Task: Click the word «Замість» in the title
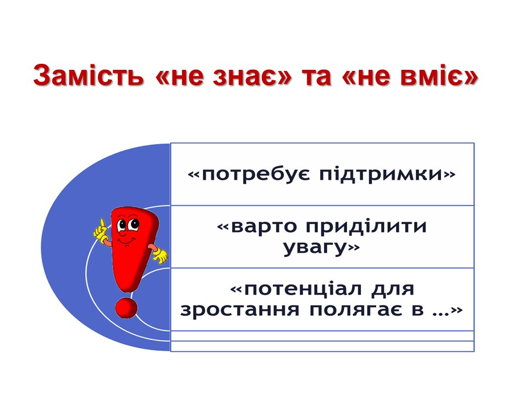[x=88, y=75]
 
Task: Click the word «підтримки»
[x=381, y=174]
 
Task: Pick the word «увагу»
[x=315, y=248]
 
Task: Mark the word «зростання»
[x=239, y=310]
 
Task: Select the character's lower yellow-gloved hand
[x=161, y=256]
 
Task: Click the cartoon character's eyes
[x=128, y=224]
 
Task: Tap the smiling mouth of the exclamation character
[x=127, y=240]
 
